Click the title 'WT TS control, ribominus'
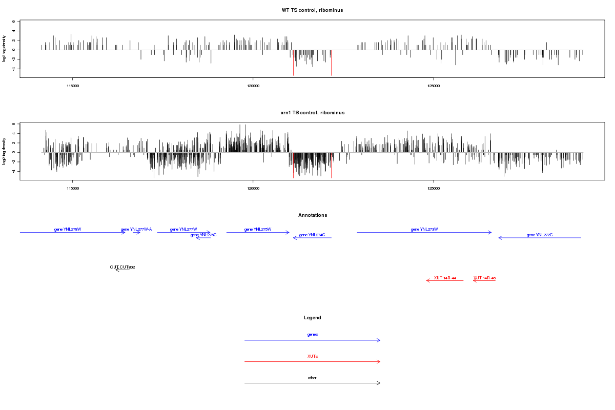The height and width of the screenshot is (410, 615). (x=312, y=10)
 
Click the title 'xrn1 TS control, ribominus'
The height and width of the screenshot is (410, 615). (x=312, y=113)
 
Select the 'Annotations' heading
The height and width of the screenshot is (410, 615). (x=313, y=215)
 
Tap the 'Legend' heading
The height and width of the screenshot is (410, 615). (x=313, y=318)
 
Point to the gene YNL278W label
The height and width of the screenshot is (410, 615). (x=68, y=229)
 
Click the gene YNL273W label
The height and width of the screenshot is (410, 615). (x=424, y=229)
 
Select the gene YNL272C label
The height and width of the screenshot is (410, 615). (x=540, y=235)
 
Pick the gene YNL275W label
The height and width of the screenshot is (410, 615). (x=258, y=229)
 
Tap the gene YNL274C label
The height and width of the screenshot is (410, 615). (x=312, y=235)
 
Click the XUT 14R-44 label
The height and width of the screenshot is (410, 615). (x=445, y=278)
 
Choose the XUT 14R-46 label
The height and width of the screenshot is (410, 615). (x=484, y=278)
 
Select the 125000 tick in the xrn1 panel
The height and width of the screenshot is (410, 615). (x=434, y=188)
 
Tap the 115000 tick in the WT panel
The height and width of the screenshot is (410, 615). (x=73, y=86)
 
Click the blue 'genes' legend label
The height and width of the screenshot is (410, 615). (x=313, y=335)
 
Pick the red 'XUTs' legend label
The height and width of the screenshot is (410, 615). (x=313, y=356)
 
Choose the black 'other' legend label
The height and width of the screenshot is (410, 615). (x=313, y=378)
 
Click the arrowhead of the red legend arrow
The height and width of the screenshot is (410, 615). (x=379, y=362)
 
